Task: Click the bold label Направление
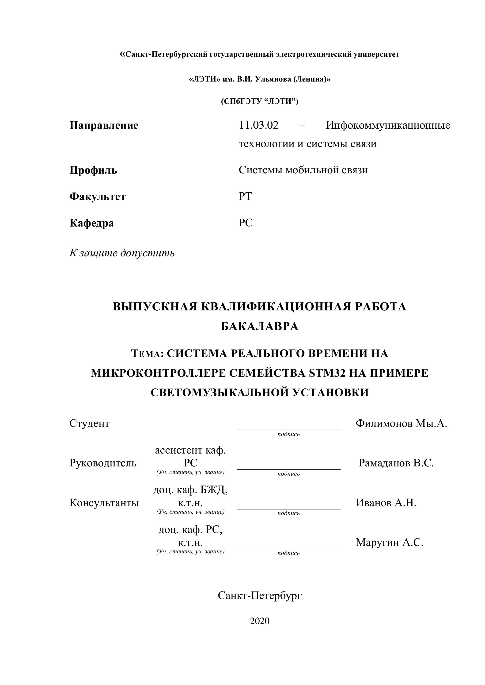tap(104, 126)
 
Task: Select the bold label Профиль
tap(93, 170)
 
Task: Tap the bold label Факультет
tap(97, 197)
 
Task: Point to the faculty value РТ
tap(245, 196)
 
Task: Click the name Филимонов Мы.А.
tap(401, 423)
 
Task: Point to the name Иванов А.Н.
tap(386, 503)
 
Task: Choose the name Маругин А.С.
tap(389, 542)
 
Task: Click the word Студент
tap(89, 423)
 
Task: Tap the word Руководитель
tap(103, 463)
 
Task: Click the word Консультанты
tap(104, 503)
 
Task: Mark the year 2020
tap(260, 621)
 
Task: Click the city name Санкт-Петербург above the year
tap(260, 596)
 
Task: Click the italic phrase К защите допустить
tap(122, 253)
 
